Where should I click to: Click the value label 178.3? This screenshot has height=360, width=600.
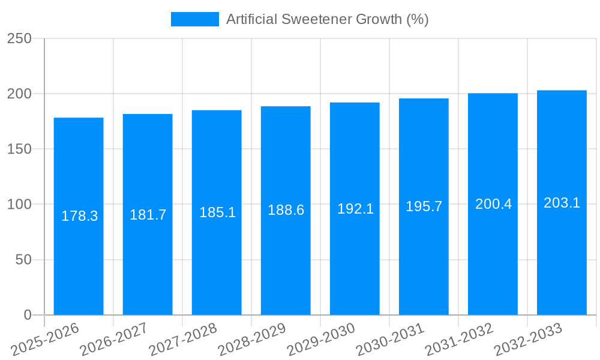pyautogui.click(x=79, y=216)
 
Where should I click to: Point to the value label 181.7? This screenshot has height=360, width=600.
pyautogui.click(x=148, y=215)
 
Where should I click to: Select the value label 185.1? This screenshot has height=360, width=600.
pyautogui.click(x=217, y=212)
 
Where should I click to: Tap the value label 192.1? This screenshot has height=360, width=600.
pyautogui.click(x=355, y=209)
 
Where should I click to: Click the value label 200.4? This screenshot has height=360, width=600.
pyautogui.click(x=493, y=204)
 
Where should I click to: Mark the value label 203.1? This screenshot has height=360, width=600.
pyautogui.click(x=562, y=203)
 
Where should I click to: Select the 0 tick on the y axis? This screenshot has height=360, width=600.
pyautogui.click(x=27, y=315)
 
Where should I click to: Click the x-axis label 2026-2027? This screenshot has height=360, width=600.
pyautogui.click(x=115, y=340)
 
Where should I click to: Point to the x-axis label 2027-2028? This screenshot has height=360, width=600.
pyautogui.click(x=184, y=340)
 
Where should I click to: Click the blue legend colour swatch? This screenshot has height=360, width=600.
pyautogui.click(x=195, y=19)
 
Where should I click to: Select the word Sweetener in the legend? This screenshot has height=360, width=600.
pyautogui.click(x=311, y=19)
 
